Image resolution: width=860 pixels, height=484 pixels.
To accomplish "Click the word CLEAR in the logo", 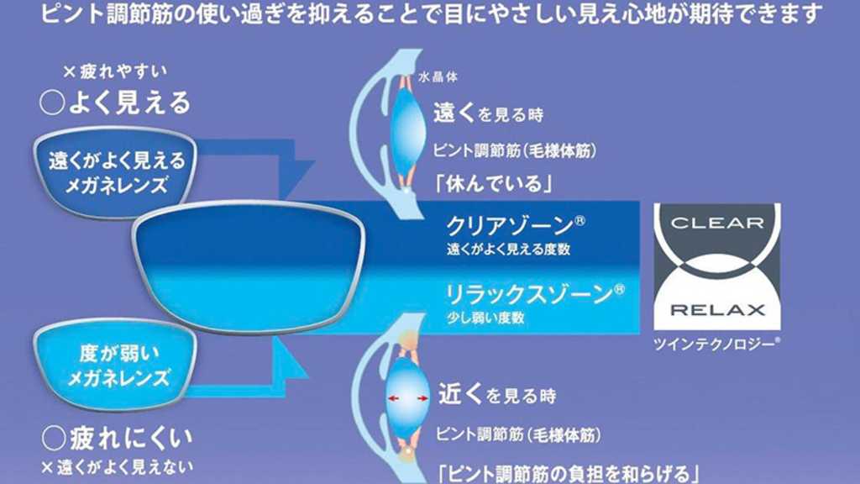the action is click(x=717, y=224).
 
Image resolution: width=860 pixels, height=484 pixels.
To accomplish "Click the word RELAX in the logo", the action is click(x=717, y=309).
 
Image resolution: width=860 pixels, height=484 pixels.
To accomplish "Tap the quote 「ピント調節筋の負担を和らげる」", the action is click(x=568, y=472).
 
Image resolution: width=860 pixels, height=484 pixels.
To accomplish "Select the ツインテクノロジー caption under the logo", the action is click(x=717, y=344).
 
